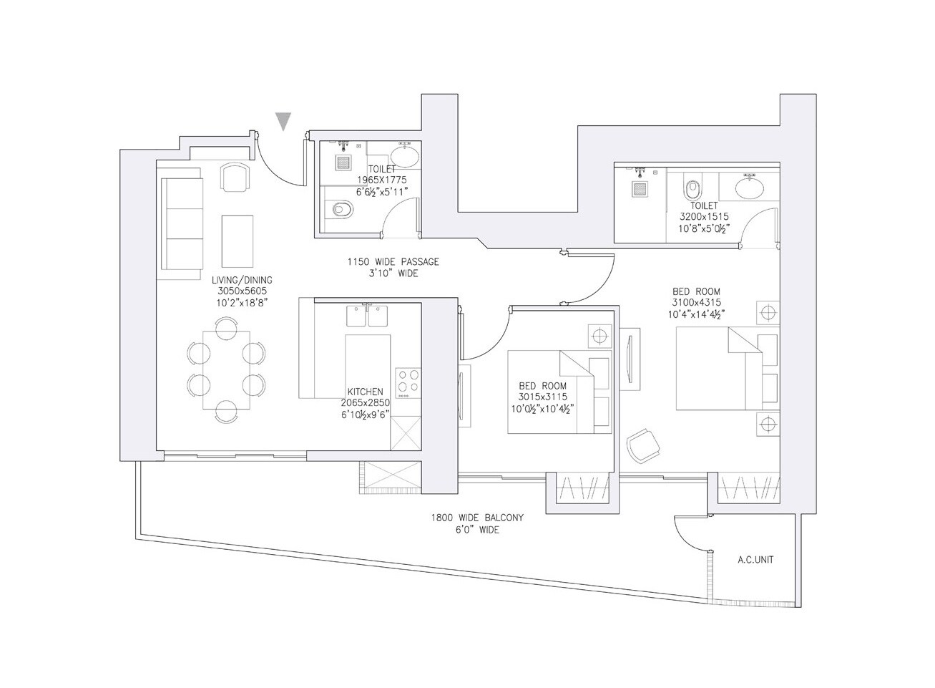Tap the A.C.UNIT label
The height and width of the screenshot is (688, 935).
point(755,560)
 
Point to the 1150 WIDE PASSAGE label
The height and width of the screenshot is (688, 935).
point(393,262)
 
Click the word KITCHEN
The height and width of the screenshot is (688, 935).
point(365,392)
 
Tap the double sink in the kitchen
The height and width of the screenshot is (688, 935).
point(368,316)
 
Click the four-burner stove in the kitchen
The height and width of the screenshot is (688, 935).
point(408,382)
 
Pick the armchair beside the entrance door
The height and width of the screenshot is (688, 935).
point(235,177)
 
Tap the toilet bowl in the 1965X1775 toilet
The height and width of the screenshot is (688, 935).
point(342,209)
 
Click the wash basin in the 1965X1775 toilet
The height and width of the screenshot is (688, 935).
point(406,156)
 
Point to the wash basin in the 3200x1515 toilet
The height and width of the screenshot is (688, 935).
point(749,188)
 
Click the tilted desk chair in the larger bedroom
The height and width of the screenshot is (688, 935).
point(642,445)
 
